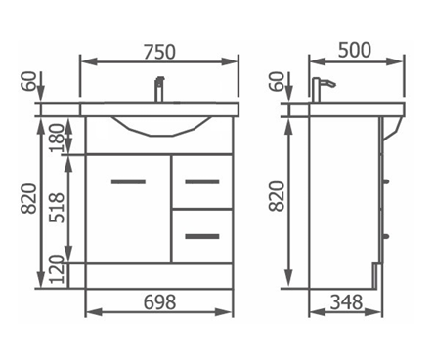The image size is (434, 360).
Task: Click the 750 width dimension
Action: point(159,50)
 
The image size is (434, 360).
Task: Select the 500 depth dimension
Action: point(354,50)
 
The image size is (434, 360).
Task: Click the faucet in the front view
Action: point(159,91)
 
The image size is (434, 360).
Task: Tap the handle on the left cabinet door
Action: point(128,181)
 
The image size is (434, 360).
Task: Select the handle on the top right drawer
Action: point(202,181)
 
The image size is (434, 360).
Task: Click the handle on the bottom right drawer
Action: point(202,235)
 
